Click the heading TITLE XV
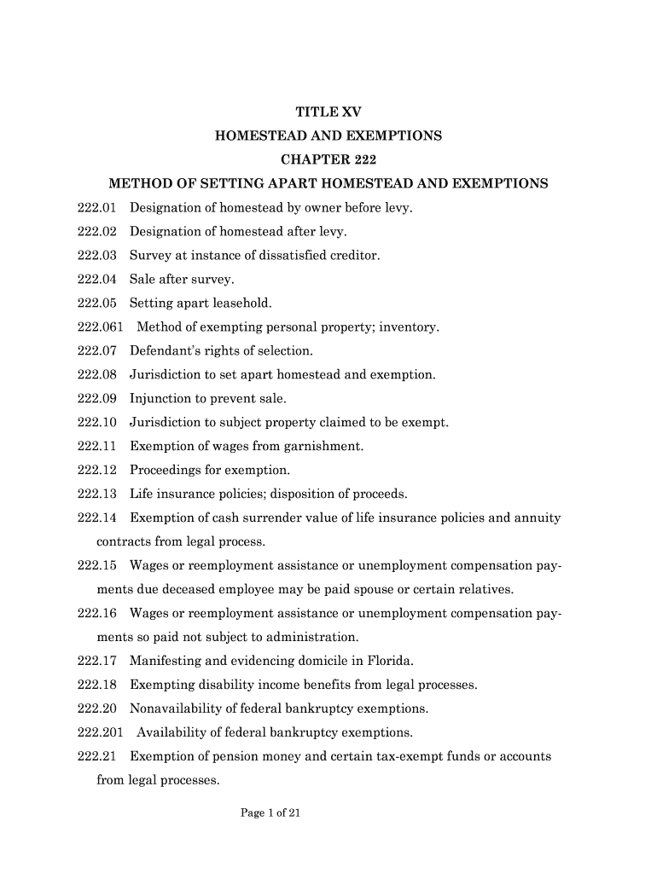click(328, 112)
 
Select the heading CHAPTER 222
click(328, 159)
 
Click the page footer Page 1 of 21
click(271, 813)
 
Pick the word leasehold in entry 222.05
click(242, 303)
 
